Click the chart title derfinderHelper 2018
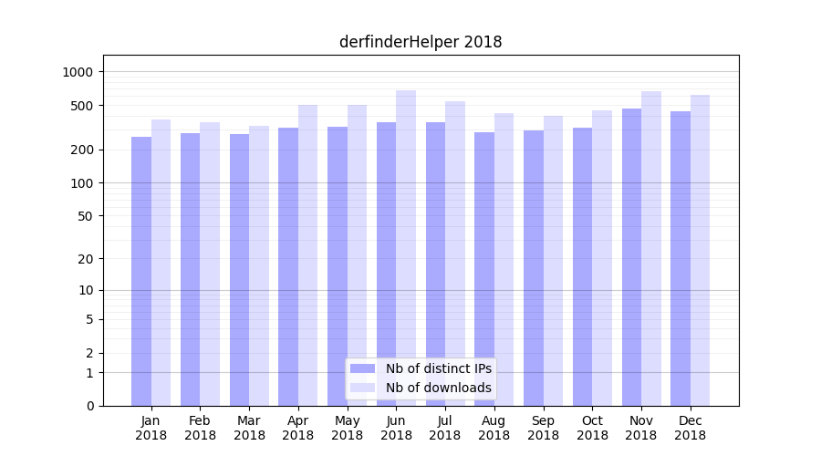point(421,42)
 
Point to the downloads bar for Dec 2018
point(700,250)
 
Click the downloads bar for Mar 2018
point(259,265)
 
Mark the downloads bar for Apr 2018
point(307,255)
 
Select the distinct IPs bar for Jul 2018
point(435,264)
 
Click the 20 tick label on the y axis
point(86,259)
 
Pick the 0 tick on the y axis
point(89,406)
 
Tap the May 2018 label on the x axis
point(348,428)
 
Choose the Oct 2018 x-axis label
point(592,428)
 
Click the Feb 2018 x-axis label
point(200,428)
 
